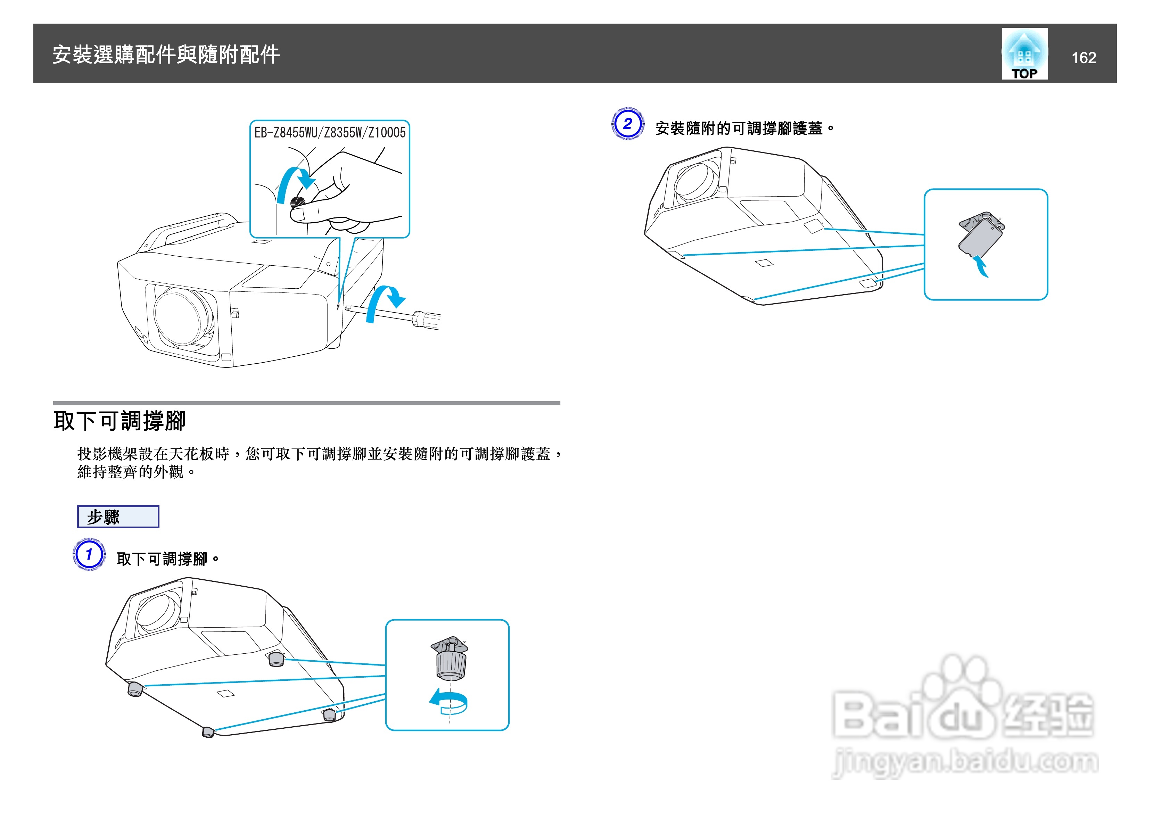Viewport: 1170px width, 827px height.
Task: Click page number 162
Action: tap(1084, 58)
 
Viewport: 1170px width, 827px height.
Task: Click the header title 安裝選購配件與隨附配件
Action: tap(166, 55)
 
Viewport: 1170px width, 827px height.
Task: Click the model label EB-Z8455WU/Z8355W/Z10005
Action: tap(330, 132)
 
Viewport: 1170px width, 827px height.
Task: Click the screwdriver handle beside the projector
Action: tap(427, 320)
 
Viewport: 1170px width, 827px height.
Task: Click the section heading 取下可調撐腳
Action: tap(120, 421)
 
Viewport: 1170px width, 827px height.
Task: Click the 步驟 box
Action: tap(118, 517)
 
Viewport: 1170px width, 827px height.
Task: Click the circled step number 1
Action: tap(89, 554)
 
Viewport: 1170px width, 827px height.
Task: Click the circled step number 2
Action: tap(627, 124)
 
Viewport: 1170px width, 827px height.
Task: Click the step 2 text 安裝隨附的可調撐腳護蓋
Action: tap(744, 129)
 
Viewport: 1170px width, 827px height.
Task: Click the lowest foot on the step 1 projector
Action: tap(208, 732)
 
